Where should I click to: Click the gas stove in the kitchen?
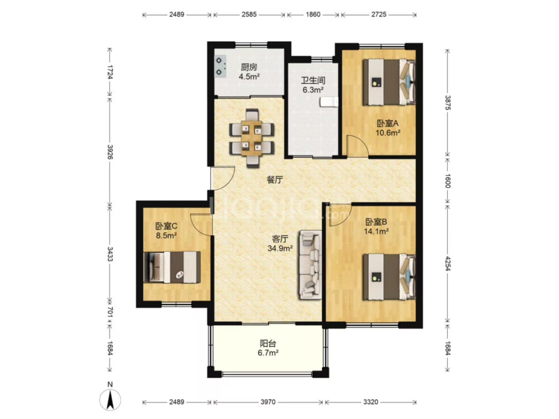220,66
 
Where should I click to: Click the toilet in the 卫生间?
329,102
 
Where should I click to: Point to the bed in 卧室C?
172,267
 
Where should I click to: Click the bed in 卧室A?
389,82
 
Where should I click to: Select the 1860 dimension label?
313,15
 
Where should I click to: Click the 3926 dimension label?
110,152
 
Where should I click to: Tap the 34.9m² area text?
280,248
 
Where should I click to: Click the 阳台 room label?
268,344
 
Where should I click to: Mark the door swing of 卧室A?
357,146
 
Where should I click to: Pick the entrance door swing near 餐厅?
222,178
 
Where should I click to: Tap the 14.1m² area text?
376,231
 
